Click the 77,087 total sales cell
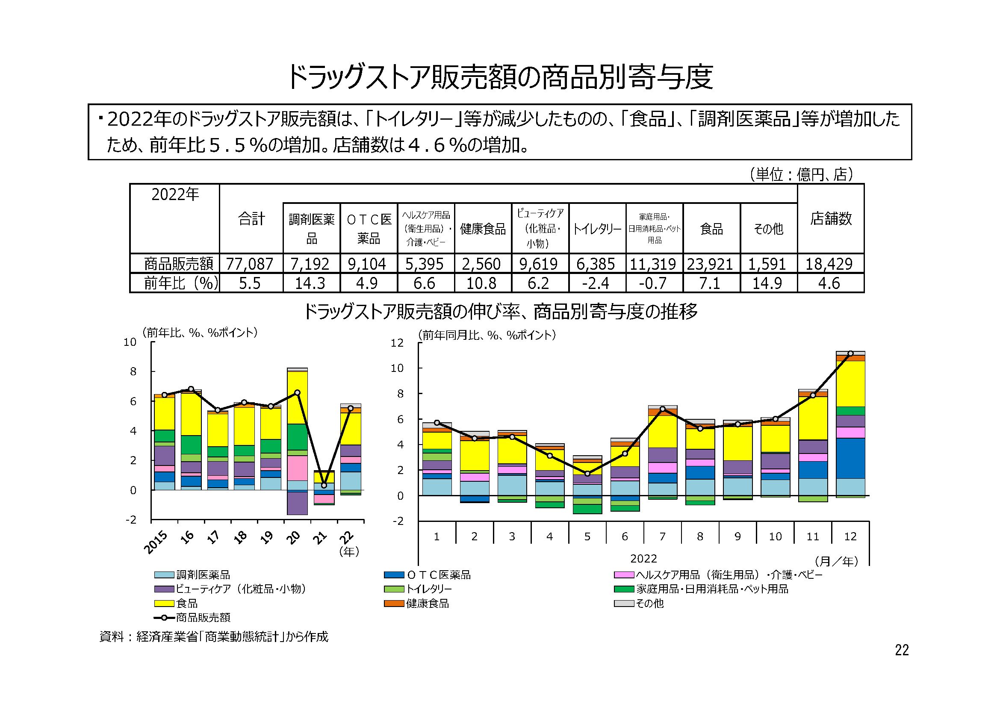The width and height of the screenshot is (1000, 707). coord(250,264)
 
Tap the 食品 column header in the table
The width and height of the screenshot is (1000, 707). coord(711,229)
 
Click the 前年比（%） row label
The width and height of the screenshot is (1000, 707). coord(180,283)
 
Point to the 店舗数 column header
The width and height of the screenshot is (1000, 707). coord(831,218)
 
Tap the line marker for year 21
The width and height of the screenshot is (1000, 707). coord(324,486)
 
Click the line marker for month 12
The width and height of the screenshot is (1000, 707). coord(850,353)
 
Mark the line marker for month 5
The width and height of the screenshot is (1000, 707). coord(587,474)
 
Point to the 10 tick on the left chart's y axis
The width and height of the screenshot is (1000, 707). coord(130,342)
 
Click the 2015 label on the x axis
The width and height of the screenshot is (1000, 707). coord(156,542)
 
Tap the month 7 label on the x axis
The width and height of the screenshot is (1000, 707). coord(662,537)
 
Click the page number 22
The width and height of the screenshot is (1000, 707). coord(902,650)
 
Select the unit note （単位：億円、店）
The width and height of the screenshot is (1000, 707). coord(800,174)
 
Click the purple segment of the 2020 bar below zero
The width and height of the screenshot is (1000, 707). coord(298,503)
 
